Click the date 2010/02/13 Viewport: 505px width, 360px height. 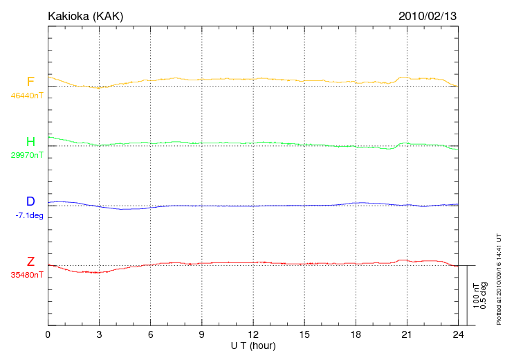(x=427, y=15)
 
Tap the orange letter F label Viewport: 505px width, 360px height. (x=30, y=82)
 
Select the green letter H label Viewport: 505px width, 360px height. (x=30, y=142)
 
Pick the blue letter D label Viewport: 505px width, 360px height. (x=30, y=201)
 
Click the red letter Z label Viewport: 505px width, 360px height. (x=30, y=262)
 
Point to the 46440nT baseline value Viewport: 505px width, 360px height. (x=26, y=96)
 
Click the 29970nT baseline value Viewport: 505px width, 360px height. (x=26, y=155)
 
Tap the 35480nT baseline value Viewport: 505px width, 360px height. (x=26, y=275)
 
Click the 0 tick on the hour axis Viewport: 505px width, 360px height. (x=48, y=334)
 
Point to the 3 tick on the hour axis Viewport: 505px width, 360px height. (x=99, y=334)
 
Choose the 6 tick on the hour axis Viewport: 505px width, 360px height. (x=151, y=334)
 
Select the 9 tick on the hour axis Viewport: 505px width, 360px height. (x=202, y=334)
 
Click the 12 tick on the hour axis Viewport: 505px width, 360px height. (x=253, y=334)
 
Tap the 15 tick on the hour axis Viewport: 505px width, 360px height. (x=304, y=334)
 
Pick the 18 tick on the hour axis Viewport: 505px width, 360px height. (x=356, y=334)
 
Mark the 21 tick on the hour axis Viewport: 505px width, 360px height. (x=407, y=334)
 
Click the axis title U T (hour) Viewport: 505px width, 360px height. (x=253, y=345)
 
